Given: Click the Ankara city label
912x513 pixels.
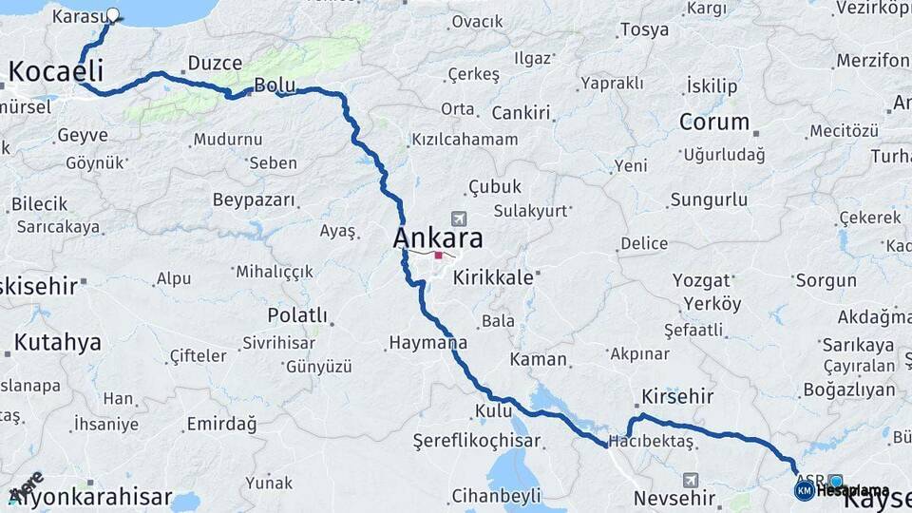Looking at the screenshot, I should point(438,237).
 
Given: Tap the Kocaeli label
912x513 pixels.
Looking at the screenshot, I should point(56,70).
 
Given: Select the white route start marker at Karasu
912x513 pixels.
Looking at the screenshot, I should point(113,15).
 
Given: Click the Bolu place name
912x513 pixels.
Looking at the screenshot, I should point(275,85).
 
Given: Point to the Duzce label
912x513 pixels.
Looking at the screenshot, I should point(215,63).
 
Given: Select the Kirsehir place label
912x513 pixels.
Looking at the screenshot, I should point(676,395).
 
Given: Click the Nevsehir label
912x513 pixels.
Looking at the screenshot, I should point(674,498).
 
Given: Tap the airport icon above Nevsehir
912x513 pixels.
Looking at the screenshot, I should point(689,479).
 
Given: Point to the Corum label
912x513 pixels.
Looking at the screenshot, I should point(714,122).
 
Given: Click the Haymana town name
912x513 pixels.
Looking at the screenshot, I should point(427,342).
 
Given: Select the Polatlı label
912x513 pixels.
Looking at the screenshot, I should point(297,315).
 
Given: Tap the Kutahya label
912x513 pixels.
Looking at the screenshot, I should point(57,342).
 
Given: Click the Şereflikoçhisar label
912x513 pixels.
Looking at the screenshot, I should point(477,441).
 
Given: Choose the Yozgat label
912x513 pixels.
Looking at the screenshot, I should point(702,280).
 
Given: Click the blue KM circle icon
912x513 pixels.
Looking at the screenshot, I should point(804,490).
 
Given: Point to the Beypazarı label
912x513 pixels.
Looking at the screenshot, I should point(255,200).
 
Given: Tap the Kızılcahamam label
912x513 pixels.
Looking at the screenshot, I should point(465,140).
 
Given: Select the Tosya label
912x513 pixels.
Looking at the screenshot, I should point(645,29).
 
